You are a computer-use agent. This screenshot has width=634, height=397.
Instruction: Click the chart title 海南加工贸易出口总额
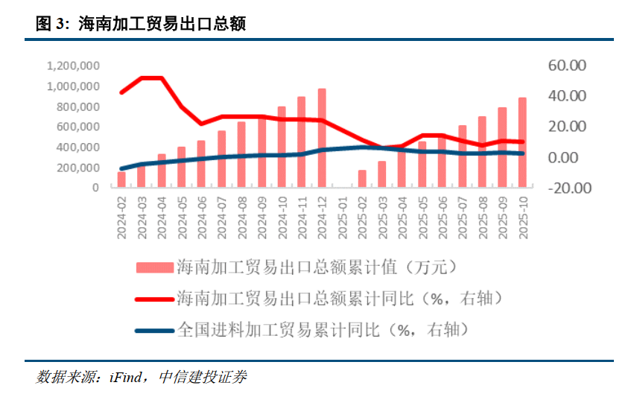click(x=162, y=25)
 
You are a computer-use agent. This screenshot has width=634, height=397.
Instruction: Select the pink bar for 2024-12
click(x=322, y=138)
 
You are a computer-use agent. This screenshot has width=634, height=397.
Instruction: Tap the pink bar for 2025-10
click(x=522, y=142)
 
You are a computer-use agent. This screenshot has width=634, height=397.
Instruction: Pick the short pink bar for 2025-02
click(x=362, y=179)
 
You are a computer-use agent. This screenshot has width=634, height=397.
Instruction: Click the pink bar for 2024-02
click(x=121, y=180)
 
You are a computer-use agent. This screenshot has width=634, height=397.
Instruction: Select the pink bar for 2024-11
click(x=302, y=142)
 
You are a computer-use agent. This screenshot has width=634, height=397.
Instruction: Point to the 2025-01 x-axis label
click(x=343, y=217)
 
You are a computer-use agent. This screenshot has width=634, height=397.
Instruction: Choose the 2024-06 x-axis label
click(x=202, y=217)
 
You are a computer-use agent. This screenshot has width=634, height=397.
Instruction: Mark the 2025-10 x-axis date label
click(x=523, y=217)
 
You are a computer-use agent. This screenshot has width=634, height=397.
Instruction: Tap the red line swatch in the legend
click(x=153, y=299)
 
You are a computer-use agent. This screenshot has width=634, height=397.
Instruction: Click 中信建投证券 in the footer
click(x=202, y=378)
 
